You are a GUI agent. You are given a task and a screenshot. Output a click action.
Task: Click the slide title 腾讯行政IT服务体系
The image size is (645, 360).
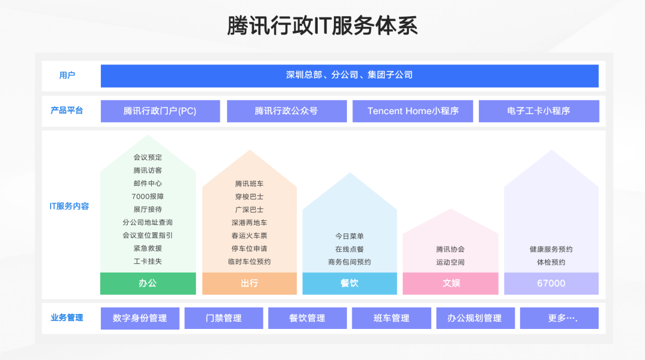pyautogui.click(x=322, y=26)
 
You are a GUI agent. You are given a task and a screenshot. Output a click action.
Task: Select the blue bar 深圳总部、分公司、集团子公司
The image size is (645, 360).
pyautogui.click(x=349, y=75)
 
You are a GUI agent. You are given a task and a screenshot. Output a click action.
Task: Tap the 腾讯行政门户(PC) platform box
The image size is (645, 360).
pyautogui.click(x=160, y=111)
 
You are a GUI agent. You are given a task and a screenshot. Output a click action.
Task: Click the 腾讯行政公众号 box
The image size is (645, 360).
pyautogui.click(x=287, y=111)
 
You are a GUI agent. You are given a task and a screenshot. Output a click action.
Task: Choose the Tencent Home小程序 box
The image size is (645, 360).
pyautogui.click(x=413, y=111)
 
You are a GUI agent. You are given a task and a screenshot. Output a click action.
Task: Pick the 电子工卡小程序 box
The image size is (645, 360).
pyautogui.click(x=539, y=111)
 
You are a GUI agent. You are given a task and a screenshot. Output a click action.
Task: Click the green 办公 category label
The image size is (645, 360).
pyautogui.click(x=148, y=284)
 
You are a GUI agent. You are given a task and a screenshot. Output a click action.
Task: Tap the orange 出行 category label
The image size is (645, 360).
pyautogui.click(x=249, y=284)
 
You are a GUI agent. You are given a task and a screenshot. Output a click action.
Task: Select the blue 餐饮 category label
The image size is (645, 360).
pyautogui.click(x=349, y=284)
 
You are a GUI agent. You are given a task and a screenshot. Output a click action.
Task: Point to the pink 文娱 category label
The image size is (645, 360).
pyautogui.click(x=450, y=284)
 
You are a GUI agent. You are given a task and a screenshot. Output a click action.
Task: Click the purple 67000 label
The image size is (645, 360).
pyautogui.click(x=551, y=284)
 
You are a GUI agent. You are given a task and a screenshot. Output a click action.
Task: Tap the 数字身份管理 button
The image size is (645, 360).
pyautogui.click(x=140, y=318)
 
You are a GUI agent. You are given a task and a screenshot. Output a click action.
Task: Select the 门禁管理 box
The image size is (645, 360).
pyautogui.click(x=224, y=318)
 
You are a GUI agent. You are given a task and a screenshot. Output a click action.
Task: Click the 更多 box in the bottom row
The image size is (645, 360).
pyautogui.click(x=559, y=318)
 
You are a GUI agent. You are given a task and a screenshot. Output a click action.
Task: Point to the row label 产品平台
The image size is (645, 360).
pyautogui.click(x=67, y=110)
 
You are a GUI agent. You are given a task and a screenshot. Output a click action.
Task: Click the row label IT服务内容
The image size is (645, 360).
pyautogui.click(x=69, y=207)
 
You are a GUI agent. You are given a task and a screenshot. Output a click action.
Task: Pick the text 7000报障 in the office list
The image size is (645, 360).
pyautogui.click(x=148, y=196)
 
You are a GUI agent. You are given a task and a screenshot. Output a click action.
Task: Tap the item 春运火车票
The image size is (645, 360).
pyautogui.click(x=249, y=236)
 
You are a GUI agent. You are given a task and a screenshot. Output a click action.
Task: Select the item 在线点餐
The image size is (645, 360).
pyautogui.click(x=349, y=249)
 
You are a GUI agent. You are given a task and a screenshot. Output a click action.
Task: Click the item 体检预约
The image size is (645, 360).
pyautogui.click(x=551, y=262)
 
